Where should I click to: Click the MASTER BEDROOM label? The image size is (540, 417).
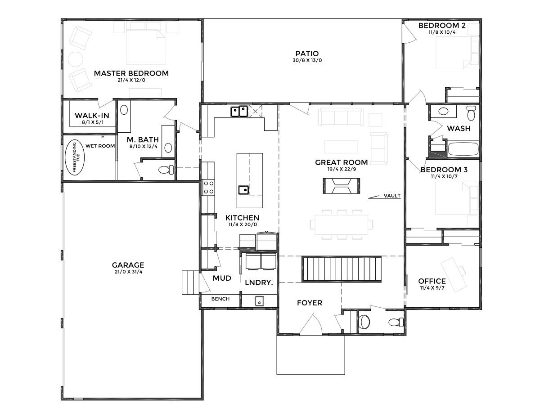click(131, 73)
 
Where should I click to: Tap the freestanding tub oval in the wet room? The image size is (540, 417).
click(75, 159)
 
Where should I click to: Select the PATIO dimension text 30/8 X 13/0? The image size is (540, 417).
click(307, 60)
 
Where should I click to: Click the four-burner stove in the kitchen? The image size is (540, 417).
click(208, 187)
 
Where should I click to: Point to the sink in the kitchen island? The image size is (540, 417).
click(244, 190)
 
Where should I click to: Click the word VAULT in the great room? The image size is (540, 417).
click(392, 196)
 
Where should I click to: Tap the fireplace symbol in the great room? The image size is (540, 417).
click(341, 186)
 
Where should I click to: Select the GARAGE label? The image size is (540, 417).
click(128, 265)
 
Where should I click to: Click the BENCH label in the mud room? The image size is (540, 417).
click(220, 299)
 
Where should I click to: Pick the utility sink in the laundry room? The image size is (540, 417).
click(259, 301)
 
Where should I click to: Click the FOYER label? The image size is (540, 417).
click(310, 303)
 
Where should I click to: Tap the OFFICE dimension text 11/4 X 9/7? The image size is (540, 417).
click(432, 288)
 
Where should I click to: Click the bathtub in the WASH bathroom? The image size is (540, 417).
click(463, 149)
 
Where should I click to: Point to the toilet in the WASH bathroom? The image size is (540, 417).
click(471, 113)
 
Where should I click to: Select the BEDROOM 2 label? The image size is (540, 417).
click(442, 26)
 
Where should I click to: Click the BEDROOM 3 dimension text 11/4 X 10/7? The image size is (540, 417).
click(444, 177)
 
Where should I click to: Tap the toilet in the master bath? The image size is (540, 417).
click(166, 170)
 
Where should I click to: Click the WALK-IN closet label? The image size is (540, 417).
click(92, 116)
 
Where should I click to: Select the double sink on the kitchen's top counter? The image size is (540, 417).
click(239, 112)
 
